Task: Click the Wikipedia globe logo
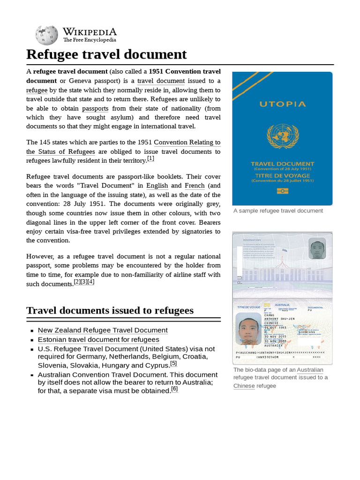click(x=46, y=35)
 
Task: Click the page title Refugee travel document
click(x=106, y=54)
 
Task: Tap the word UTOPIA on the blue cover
click(x=282, y=104)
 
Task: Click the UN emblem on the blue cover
click(x=282, y=136)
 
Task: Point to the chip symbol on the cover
click(x=282, y=191)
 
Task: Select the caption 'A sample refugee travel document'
click(x=278, y=211)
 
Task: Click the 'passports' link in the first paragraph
click(x=95, y=108)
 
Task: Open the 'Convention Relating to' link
click(x=187, y=142)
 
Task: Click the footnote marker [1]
click(x=150, y=159)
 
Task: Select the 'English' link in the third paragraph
click(x=157, y=186)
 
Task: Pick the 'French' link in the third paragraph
click(x=195, y=186)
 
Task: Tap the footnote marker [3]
click(x=84, y=282)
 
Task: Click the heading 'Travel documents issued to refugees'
click(x=110, y=310)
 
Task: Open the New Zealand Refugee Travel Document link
click(x=102, y=330)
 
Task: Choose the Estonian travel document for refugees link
click(x=98, y=339)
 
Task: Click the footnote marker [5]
click(x=173, y=363)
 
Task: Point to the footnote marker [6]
click(x=174, y=389)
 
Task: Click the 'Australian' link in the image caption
click(x=310, y=370)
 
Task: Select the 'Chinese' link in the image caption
click(x=244, y=386)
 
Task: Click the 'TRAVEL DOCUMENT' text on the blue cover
click(x=282, y=164)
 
